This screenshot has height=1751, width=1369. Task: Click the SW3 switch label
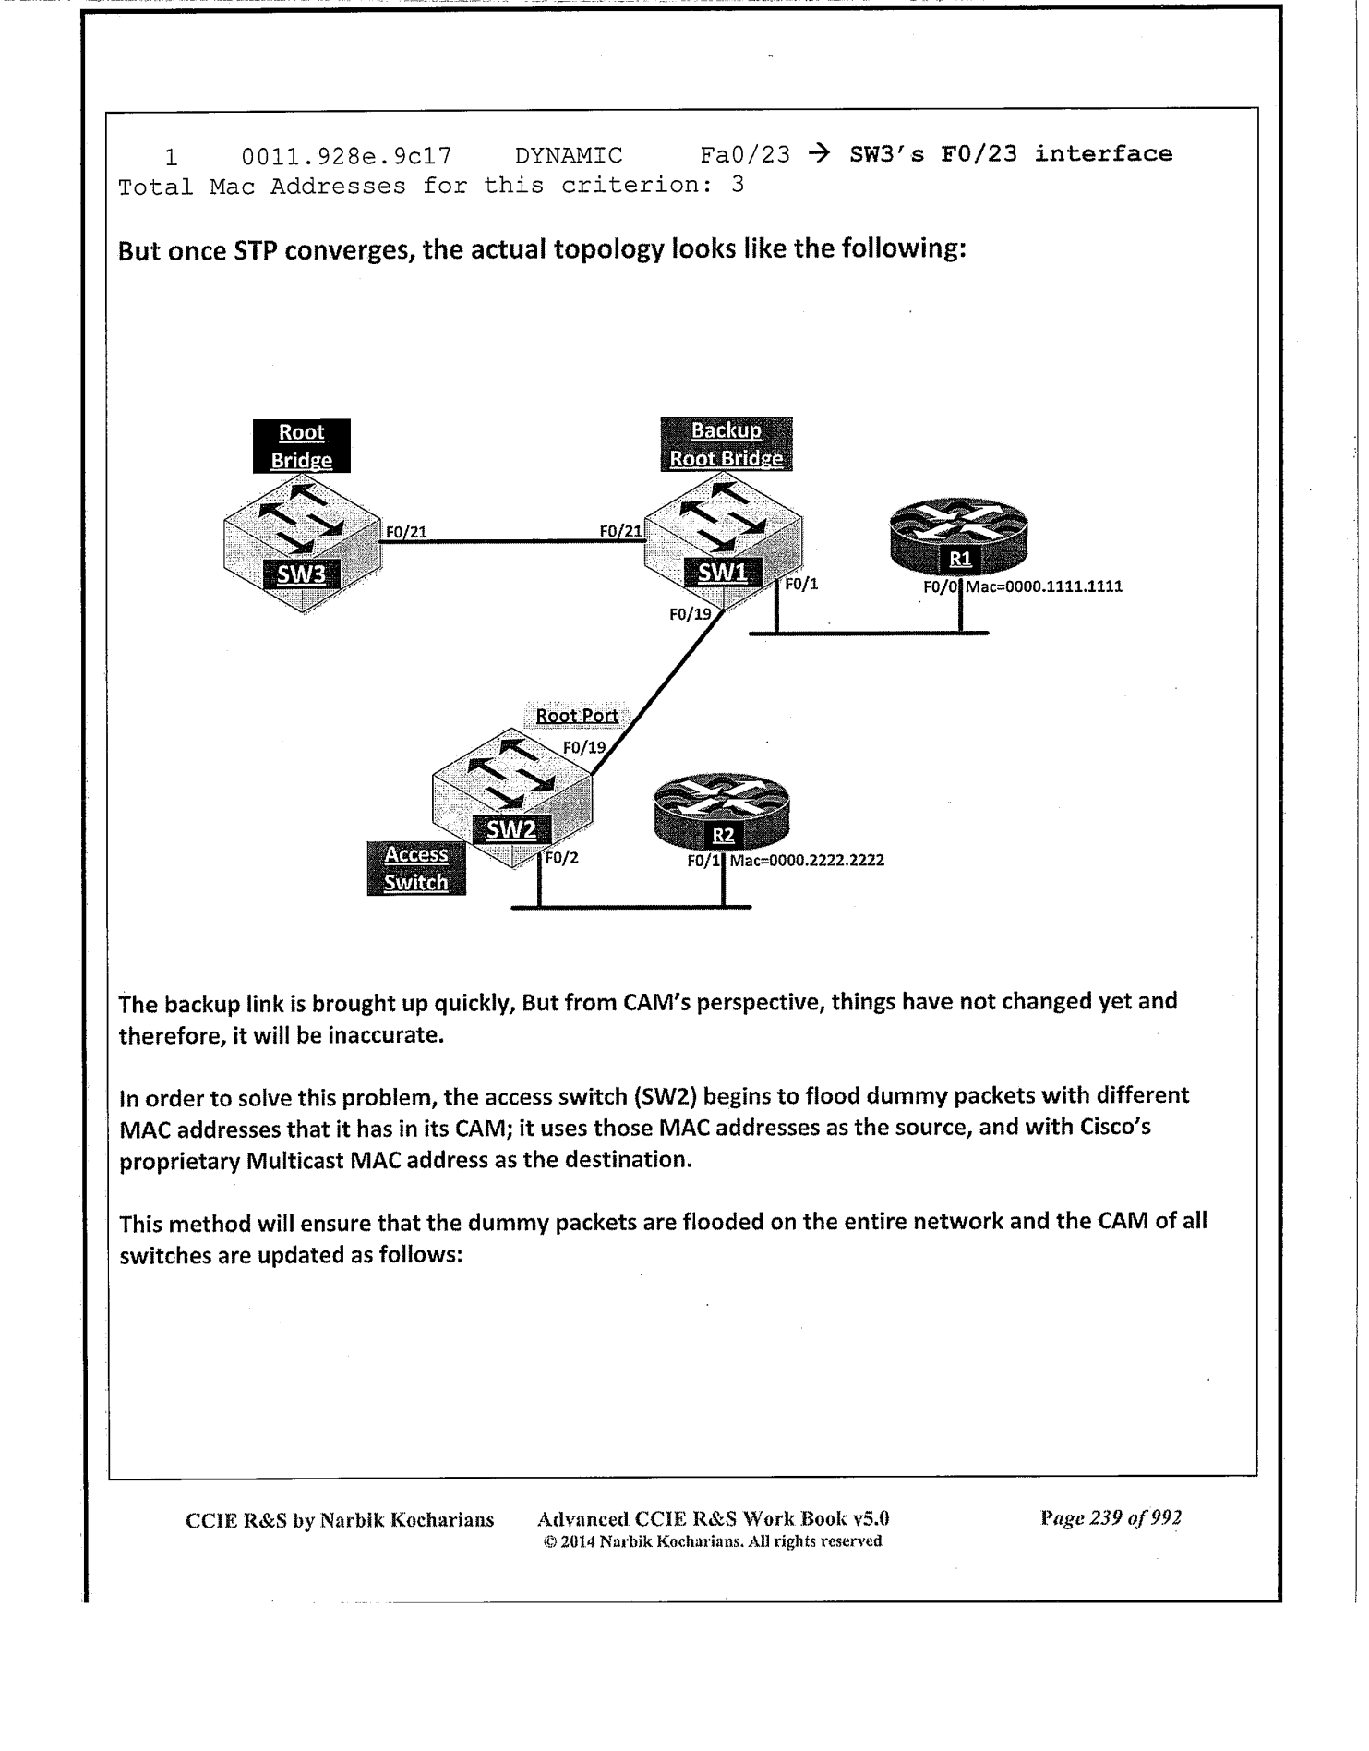point(302,574)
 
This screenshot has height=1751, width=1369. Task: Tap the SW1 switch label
point(722,573)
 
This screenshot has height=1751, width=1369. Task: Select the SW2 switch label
point(510,829)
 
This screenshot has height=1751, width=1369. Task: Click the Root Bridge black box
point(302,446)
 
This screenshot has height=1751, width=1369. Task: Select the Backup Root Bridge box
point(727,444)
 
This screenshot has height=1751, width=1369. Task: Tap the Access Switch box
point(416,868)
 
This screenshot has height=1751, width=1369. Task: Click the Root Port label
point(577,716)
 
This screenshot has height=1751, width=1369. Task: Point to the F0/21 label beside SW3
point(406,532)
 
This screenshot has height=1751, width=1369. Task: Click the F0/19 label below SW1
point(690,612)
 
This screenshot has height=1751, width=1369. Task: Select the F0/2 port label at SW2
point(561,858)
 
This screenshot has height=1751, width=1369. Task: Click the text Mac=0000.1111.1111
point(1043,586)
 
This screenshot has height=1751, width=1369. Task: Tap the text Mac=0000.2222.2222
point(807,861)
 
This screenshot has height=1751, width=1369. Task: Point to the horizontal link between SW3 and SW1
point(512,541)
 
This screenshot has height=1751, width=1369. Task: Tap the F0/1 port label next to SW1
point(801,585)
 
